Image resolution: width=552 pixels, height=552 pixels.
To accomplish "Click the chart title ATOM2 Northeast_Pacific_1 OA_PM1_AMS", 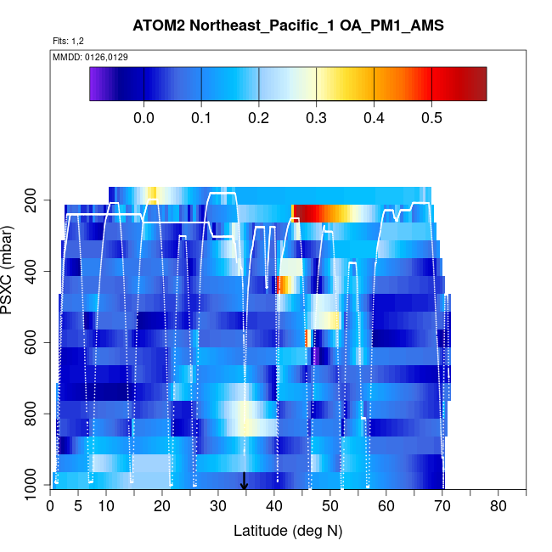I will pyautogui.click(x=288, y=26).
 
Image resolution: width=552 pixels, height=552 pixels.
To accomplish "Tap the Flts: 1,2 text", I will pyautogui.click(x=69, y=41).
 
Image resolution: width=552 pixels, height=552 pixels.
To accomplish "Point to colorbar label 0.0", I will pyautogui.click(x=144, y=117).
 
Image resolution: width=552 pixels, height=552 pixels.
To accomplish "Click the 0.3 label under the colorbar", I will pyautogui.click(x=316, y=117).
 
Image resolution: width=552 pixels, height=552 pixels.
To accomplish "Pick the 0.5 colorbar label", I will pyautogui.click(x=431, y=117).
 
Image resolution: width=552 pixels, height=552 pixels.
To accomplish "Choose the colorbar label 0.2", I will pyautogui.click(x=258, y=117).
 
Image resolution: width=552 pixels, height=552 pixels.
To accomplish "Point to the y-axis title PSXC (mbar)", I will pyautogui.click(x=9, y=269).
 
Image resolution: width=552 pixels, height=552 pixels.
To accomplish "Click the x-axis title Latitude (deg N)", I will pyautogui.click(x=288, y=531).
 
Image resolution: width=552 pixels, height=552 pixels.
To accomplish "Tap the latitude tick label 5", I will pyautogui.click(x=78, y=507).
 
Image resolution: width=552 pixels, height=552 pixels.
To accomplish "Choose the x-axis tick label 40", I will pyautogui.click(x=274, y=507).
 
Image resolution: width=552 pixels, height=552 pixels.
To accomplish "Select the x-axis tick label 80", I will pyautogui.click(x=498, y=507).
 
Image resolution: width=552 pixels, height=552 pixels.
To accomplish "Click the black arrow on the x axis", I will pyautogui.click(x=245, y=482).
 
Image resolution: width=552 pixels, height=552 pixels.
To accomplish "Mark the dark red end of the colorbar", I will pyautogui.click(x=479, y=84).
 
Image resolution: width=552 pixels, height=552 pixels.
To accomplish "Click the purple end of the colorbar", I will pyautogui.click(x=95, y=84).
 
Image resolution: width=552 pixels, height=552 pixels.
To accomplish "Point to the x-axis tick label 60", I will pyautogui.click(x=386, y=507).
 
